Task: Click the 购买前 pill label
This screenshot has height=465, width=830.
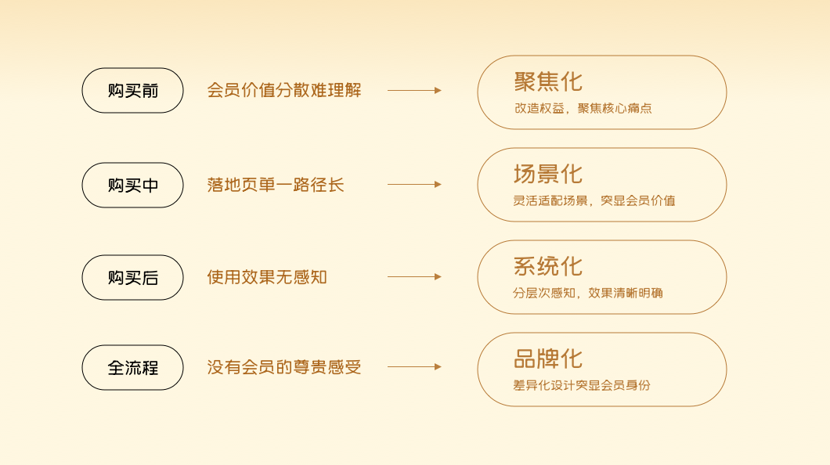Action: tap(132, 91)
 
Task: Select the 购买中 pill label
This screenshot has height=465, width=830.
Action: tap(132, 186)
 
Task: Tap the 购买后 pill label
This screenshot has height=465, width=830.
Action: tap(132, 278)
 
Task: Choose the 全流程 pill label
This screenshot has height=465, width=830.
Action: tap(132, 367)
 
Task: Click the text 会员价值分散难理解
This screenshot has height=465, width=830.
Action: tap(284, 90)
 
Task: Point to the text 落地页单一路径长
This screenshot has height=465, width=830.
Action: tap(276, 185)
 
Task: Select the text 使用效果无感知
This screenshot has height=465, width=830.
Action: tap(267, 277)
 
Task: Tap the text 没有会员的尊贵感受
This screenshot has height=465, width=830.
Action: tap(284, 366)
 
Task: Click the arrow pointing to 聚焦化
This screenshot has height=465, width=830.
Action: tap(414, 91)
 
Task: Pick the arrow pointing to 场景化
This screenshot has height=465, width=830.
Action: tap(414, 185)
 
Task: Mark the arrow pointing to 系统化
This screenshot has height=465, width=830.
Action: tap(414, 277)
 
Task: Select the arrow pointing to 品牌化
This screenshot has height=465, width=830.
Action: tap(414, 366)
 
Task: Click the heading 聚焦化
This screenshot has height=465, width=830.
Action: tap(548, 81)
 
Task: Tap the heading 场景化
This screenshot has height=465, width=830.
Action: tap(548, 174)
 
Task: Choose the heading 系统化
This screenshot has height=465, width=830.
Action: tap(548, 266)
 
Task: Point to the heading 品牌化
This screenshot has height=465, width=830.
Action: tap(548, 359)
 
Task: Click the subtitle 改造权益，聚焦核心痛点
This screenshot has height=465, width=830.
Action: tap(583, 109)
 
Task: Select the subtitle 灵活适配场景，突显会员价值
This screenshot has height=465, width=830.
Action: tap(594, 200)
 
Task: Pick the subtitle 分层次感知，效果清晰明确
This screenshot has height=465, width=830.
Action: tap(588, 294)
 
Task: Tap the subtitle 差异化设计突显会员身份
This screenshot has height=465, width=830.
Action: tap(582, 385)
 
